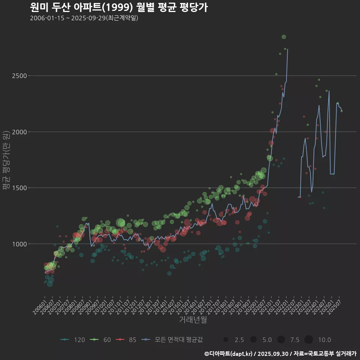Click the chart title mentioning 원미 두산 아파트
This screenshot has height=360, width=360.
tap(118, 7)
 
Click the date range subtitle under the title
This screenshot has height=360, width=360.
tap(84, 18)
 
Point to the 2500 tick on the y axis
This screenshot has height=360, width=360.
tap(18, 76)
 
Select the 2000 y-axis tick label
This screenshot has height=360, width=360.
tap(18, 132)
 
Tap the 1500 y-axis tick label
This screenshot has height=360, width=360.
tap(18, 188)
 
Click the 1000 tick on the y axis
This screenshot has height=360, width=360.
tap(18, 244)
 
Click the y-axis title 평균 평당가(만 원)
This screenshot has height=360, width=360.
tap(6, 161)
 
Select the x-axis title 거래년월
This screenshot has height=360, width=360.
tap(193, 319)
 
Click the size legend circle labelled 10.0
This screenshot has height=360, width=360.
tap(309, 340)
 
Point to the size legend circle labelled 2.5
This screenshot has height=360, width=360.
tap(226, 340)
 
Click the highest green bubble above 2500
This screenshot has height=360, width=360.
tap(284, 37)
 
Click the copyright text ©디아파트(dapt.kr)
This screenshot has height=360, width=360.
tap(229, 354)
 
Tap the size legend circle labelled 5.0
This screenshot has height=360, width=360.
tap(253, 340)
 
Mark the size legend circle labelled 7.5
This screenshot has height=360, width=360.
tap(281, 340)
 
